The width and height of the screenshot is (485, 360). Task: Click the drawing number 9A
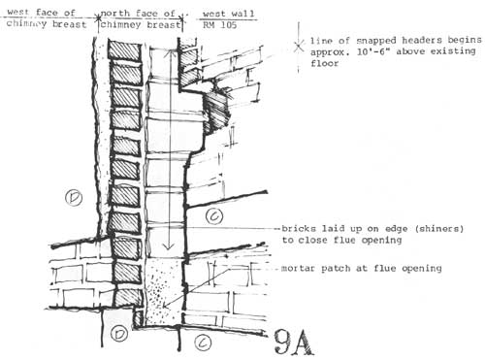pos(294,343)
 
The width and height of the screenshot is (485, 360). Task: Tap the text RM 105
pos(220,25)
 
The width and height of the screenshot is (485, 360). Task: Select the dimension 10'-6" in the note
pos(372,51)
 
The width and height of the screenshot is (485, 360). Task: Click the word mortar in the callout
pos(298,268)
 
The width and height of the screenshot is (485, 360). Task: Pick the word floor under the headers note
pos(324,63)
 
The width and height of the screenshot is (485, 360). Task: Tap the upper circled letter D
pos(74,198)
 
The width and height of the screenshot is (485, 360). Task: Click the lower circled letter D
pos(119,334)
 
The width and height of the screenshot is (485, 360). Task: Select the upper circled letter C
pos(214,216)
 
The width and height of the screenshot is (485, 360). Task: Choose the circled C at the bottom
pos(203,343)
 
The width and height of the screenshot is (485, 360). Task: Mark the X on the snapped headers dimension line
pos(299,46)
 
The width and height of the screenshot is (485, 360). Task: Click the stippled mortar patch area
pos(164,291)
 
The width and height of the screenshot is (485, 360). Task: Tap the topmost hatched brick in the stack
pos(124,49)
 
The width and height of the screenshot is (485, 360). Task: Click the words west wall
pos(229,14)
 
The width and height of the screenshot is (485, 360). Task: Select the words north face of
pos(138,14)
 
